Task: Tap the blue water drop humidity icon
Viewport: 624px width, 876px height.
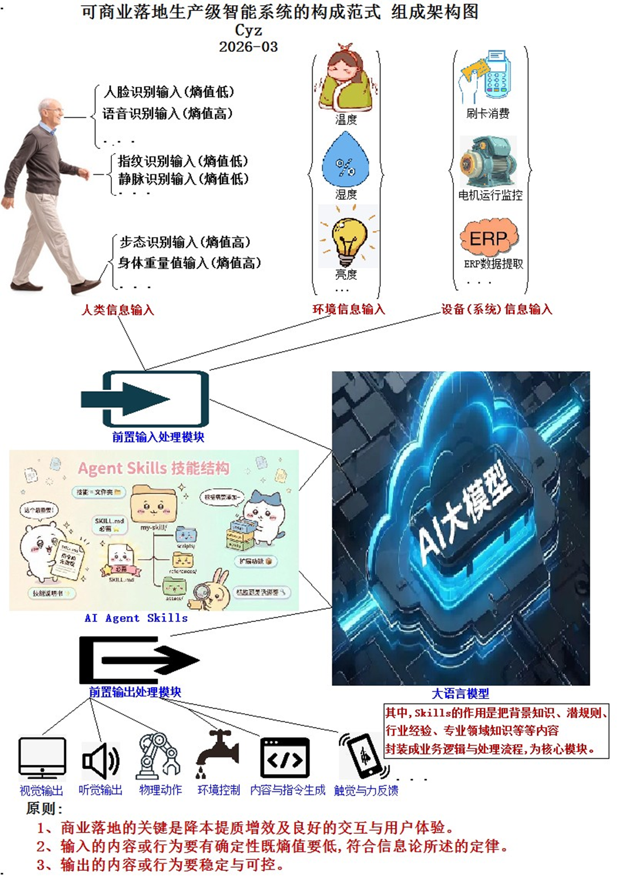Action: coord(345,161)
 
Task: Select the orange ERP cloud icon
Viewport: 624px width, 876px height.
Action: coord(489,238)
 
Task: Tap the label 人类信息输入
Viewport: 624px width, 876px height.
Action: coord(118,310)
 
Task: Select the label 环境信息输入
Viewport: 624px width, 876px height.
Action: coord(348,310)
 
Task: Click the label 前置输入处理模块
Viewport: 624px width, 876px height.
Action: coord(158,437)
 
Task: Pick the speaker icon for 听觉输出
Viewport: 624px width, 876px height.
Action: coord(100,761)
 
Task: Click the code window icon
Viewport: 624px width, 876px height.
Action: coord(285,758)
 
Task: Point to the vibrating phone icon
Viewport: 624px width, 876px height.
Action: coord(364,756)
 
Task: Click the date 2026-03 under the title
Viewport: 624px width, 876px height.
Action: coord(248,47)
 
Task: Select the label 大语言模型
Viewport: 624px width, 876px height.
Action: coord(460,694)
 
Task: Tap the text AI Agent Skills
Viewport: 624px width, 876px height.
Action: coord(136,618)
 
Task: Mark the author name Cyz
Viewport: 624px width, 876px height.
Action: coord(248,30)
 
